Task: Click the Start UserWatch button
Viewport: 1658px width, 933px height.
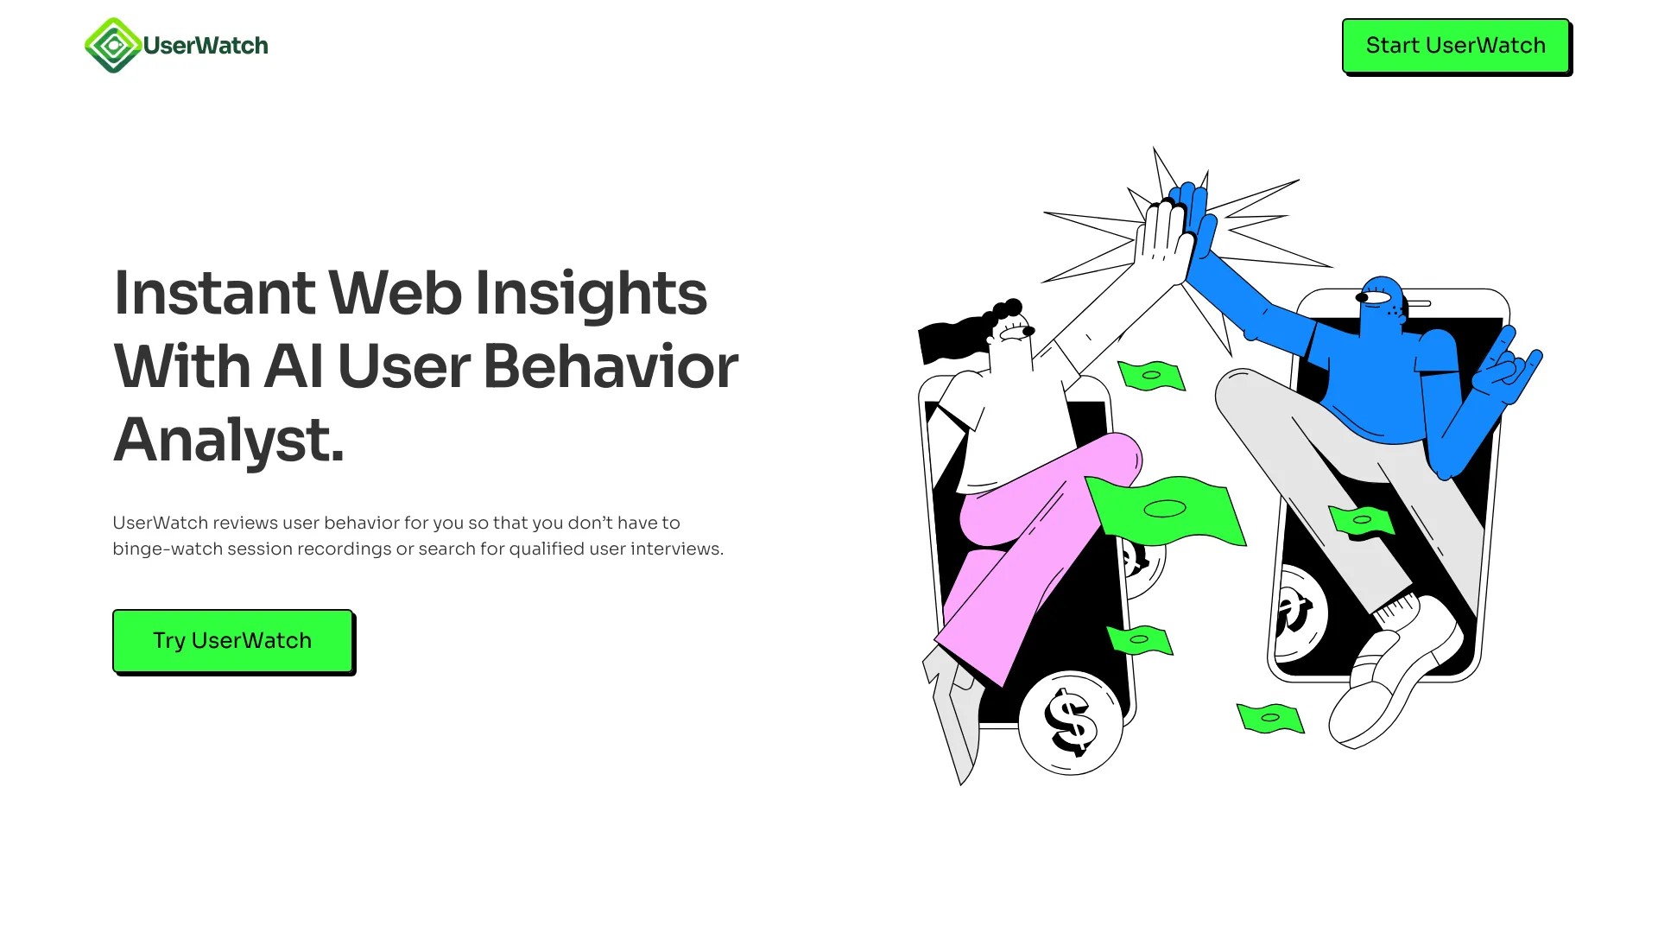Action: click(1455, 46)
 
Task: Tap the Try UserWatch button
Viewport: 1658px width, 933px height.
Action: click(232, 640)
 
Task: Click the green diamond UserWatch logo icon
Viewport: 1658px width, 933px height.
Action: click(112, 46)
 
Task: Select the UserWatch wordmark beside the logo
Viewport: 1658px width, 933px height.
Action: click(206, 46)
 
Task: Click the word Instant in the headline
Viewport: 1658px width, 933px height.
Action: click(214, 293)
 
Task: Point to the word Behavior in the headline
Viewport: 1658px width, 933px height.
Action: click(611, 366)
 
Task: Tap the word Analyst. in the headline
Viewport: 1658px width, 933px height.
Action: click(229, 440)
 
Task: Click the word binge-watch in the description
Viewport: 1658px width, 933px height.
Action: click(168, 549)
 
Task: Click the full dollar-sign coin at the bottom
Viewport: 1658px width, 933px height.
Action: click(1071, 723)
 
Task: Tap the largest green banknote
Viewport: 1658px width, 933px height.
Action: click(1166, 509)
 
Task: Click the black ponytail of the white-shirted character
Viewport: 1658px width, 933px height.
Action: click(950, 340)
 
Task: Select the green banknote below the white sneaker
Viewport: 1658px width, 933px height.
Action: click(1269, 717)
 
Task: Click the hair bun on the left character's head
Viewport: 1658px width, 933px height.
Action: click(1008, 308)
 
